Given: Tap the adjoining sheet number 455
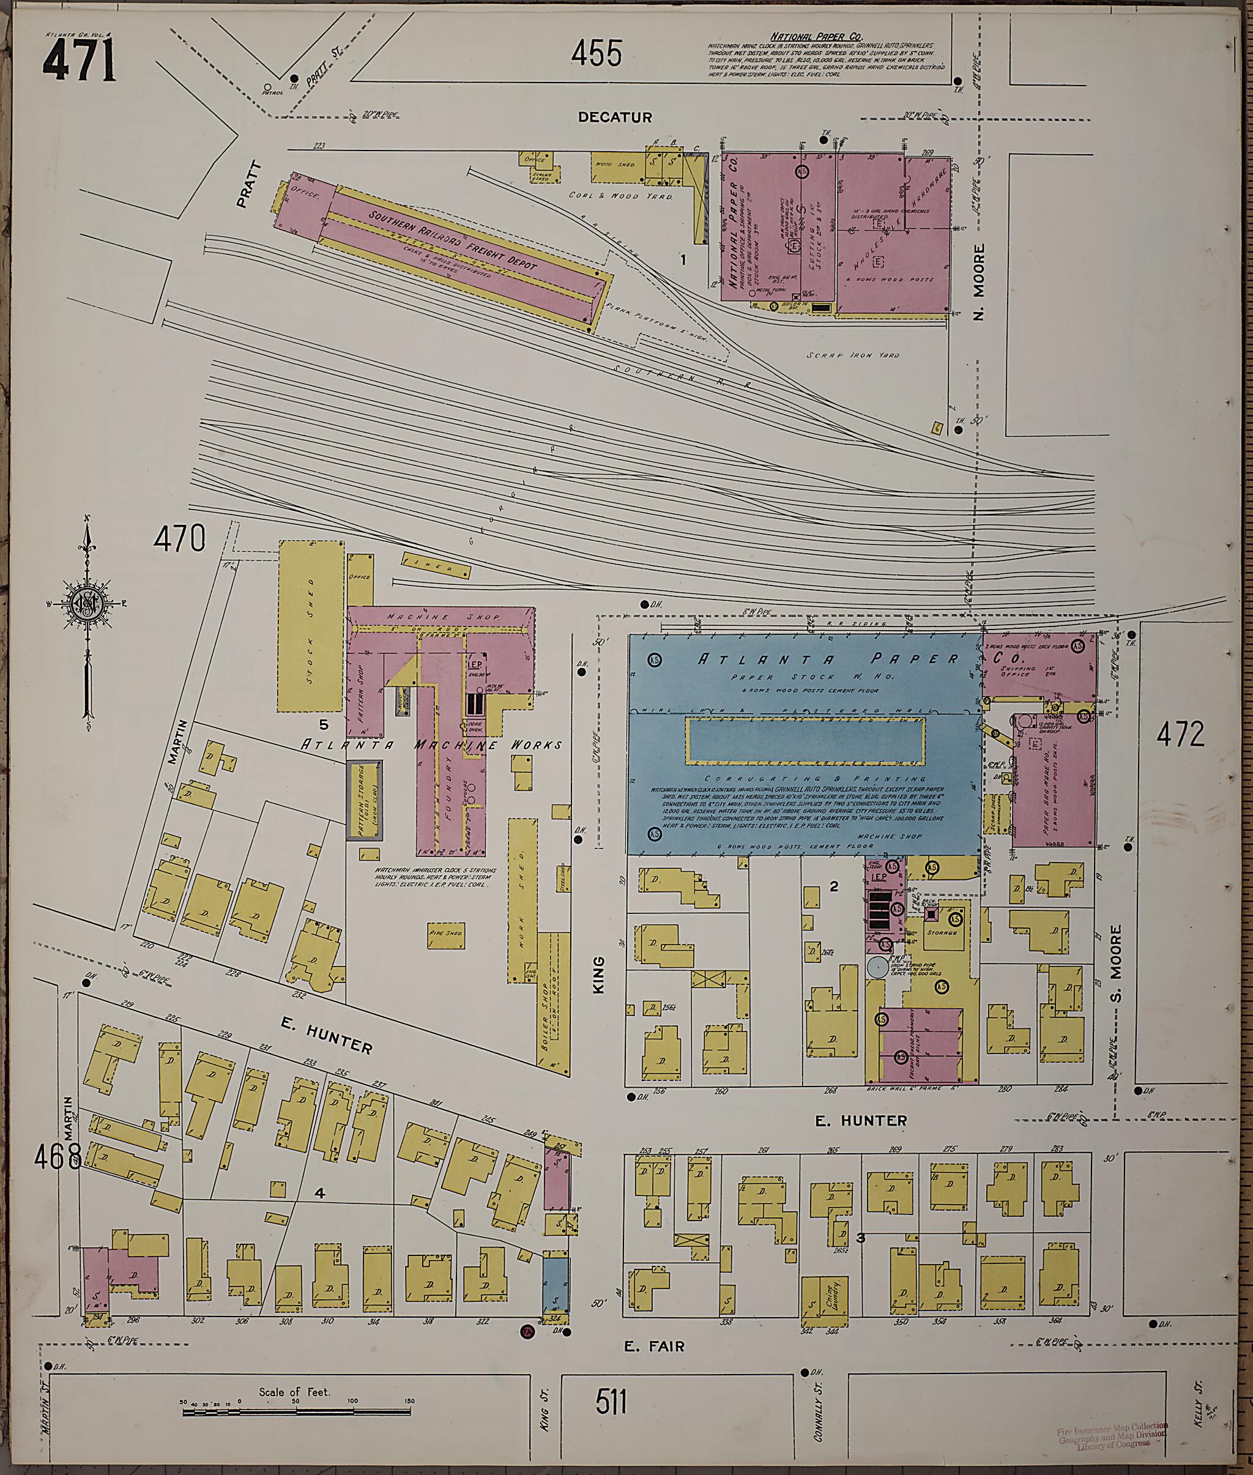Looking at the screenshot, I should pyautogui.click(x=597, y=53).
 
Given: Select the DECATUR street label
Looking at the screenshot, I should pyautogui.click(x=614, y=117).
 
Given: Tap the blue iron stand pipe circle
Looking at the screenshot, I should pyautogui.click(x=877, y=967).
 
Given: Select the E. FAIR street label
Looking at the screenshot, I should pyautogui.click(x=654, y=1346).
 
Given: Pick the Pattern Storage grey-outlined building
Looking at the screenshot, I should pyautogui.click(x=363, y=800).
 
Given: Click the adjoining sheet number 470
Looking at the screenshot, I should pyautogui.click(x=180, y=538).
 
